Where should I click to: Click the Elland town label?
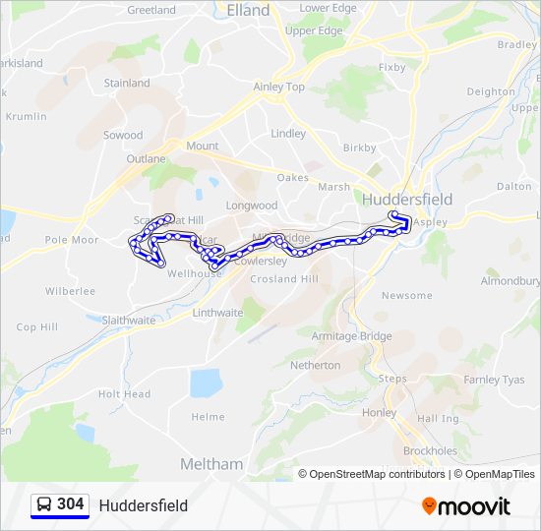[247, 10]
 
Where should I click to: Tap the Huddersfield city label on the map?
[407, 199]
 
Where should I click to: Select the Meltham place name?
[211, 463]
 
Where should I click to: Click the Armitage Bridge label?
[351, 336]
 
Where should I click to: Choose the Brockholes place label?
[429, 450]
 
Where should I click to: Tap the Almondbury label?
[510, 281]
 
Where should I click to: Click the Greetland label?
[151, 10]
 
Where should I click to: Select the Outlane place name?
[146, 158]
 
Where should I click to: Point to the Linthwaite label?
[217, 313]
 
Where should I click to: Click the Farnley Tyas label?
[494, 380]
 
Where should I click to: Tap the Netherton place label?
[316, 365]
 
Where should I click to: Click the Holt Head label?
[124, 394]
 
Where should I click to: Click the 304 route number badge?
[70, 504]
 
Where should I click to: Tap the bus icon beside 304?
[44, 504]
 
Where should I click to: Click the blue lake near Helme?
[207, 382]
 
